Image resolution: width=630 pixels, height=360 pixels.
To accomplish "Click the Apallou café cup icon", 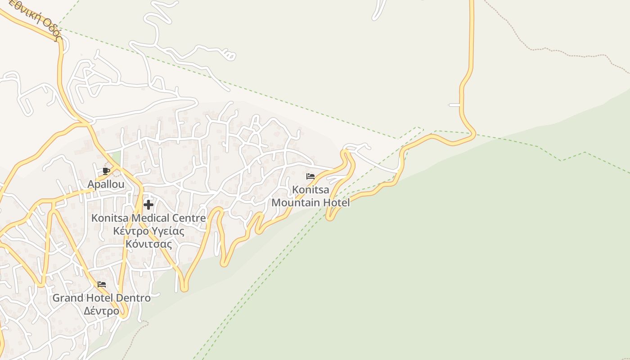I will coord(106,171).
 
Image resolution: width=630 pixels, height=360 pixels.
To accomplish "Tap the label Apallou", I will coord(106,184).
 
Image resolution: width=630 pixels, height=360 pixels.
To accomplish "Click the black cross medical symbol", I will coord(148,205).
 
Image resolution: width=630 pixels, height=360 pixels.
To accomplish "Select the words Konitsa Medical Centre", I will coord(148,218).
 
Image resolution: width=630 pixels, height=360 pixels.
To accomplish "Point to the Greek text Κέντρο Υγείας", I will coord(148,231).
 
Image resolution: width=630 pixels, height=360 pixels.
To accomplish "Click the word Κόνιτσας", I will coord(148,244).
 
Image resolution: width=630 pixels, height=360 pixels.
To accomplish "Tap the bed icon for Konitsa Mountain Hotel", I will coord(310,176).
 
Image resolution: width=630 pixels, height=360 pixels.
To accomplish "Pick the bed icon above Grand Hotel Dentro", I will coord(102,284).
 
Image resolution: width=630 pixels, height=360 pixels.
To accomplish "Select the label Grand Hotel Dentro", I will coord(102,298).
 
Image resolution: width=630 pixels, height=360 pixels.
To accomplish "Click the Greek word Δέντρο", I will coord(102,311).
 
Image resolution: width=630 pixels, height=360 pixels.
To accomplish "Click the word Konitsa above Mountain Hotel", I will coord(310,189).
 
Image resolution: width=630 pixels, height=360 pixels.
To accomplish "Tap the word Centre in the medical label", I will coord(190,218).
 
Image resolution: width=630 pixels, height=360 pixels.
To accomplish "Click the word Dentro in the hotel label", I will coord(133,298).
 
